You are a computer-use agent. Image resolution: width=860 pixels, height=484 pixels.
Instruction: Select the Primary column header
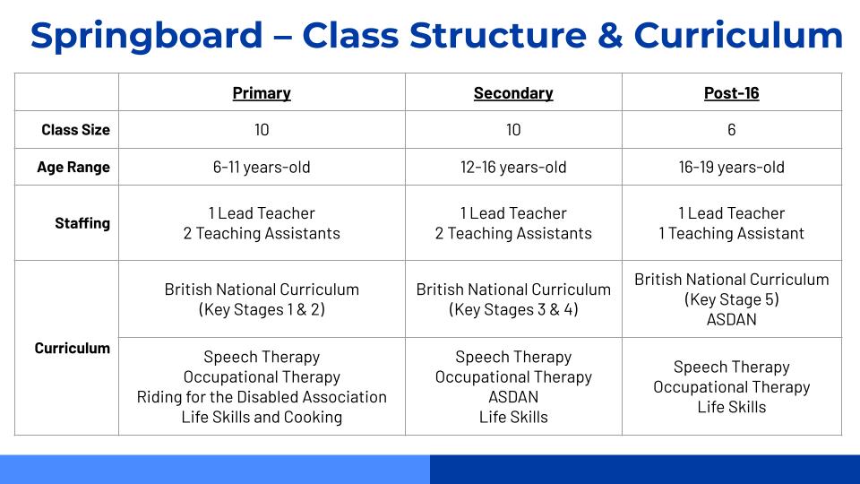pos(262,93)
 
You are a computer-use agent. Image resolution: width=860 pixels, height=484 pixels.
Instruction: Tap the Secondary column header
pos(513,93)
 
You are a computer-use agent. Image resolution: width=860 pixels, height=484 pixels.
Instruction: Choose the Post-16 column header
pos(731,93)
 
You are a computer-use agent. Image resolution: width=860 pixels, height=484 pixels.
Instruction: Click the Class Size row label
pos(75,130)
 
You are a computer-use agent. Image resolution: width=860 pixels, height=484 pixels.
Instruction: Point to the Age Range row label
pos(73,168)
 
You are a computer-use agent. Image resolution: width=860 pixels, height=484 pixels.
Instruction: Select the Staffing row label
pos(82,223)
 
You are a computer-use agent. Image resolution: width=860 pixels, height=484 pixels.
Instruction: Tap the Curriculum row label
pos(73,349)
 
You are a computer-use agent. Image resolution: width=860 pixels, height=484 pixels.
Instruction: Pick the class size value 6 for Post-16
pos(731,130)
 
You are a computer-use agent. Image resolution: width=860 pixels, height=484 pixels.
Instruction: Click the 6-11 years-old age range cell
pos(262,168)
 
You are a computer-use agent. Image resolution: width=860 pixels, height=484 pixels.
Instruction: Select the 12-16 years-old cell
pos(513,168)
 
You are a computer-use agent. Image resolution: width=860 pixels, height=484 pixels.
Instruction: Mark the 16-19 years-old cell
pos(731,168)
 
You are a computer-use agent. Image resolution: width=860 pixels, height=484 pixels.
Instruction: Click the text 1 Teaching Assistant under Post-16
pos(731,233)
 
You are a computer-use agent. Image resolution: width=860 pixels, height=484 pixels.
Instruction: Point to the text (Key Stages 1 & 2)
pos(262,310)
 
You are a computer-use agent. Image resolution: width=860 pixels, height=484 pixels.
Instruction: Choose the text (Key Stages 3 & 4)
pos(513,310)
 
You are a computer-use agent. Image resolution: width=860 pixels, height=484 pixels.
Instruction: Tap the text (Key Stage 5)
pos(731,299)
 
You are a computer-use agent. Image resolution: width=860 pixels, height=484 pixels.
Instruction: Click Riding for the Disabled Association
pos(262,397)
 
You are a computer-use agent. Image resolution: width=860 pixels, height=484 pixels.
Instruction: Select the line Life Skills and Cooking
pos(262,417)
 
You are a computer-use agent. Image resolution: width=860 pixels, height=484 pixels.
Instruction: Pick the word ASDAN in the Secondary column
pos(513,397)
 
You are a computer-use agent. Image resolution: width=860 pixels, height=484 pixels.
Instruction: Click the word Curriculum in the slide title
pos(738,36)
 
